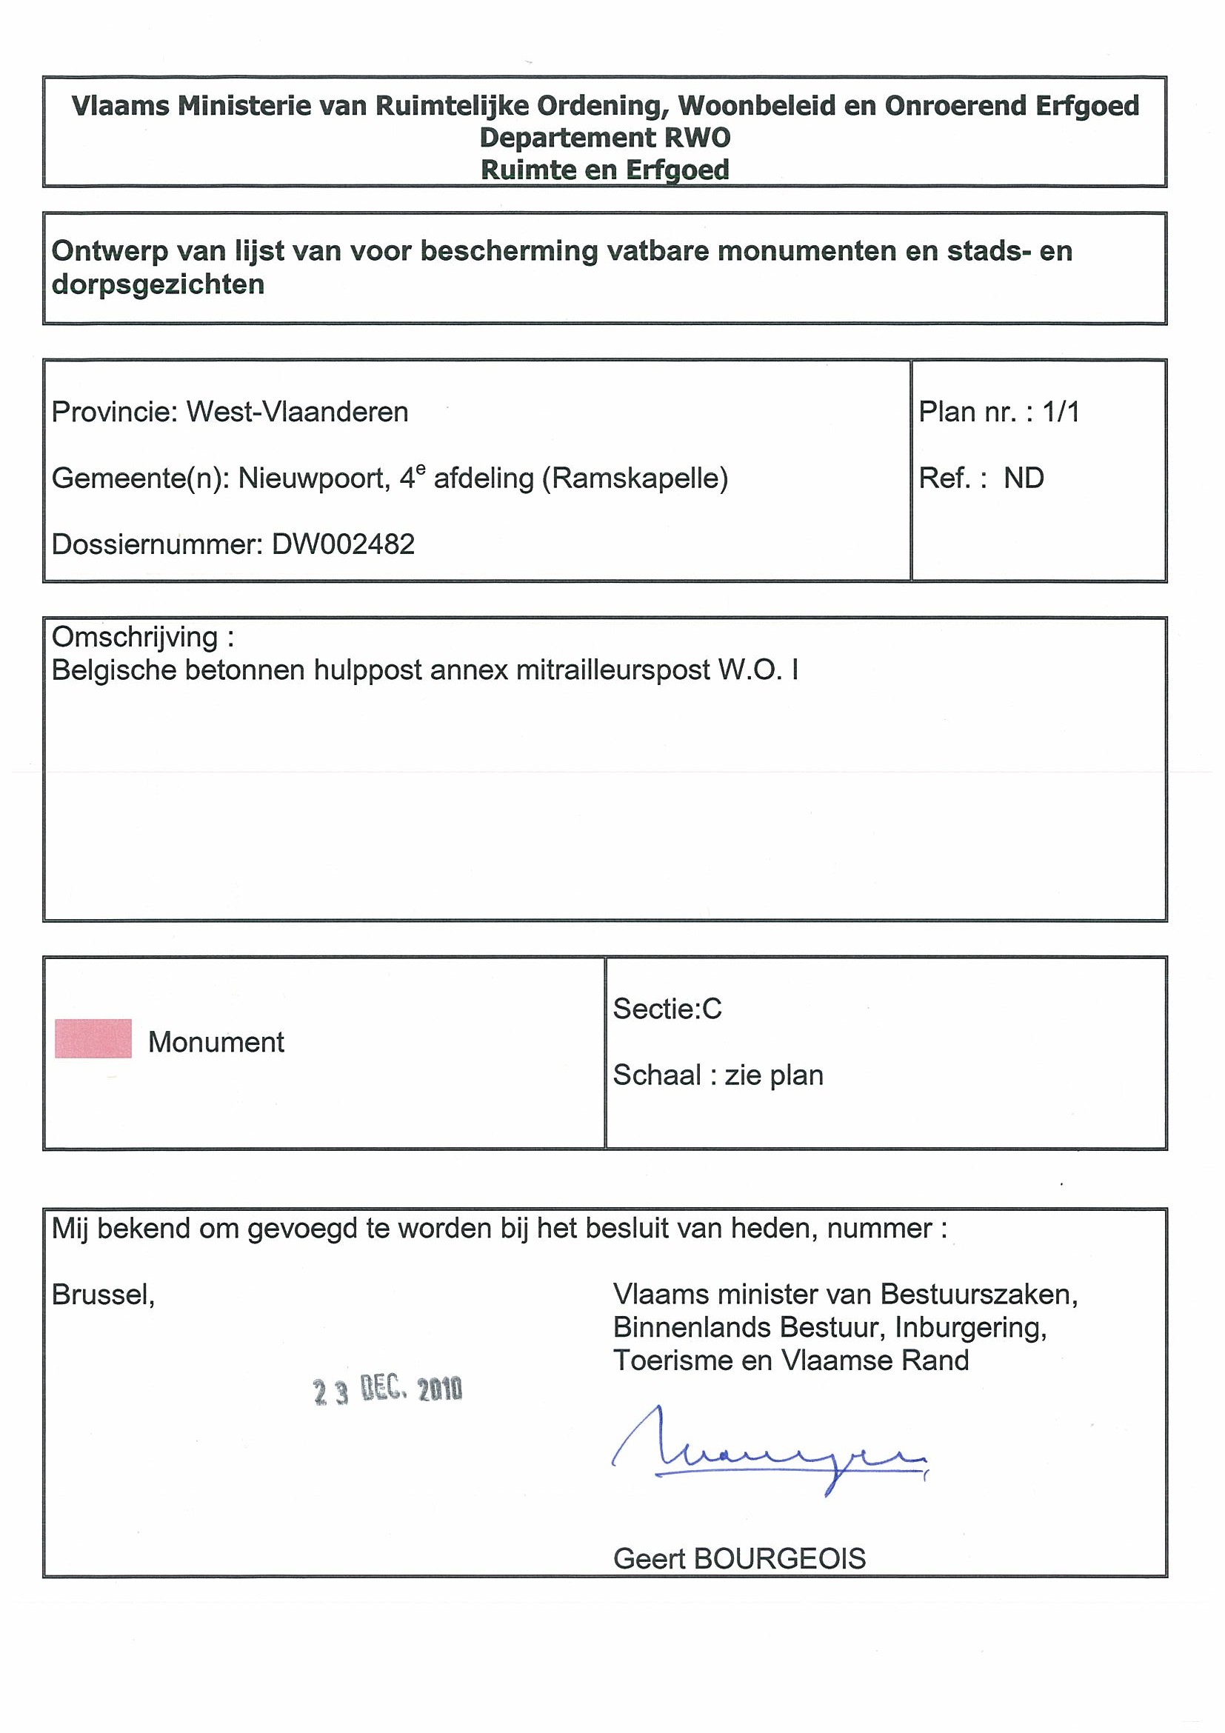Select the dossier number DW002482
click(x=343, y=544)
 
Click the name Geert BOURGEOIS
click(x=739, y=1559)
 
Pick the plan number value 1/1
click(x=1061, y=412)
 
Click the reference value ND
click(x=1024, y=478)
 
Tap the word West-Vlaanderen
click(x=298, y=412)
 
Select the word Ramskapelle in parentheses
click(x=635, y=478)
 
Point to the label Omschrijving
click(x=136, y=638)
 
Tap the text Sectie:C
click(x=667, y=1009)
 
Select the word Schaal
click(x=657, y=1075)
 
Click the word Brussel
click(x=103, y=1295)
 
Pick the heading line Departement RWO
click(x=604, y=138)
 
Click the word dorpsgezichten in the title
click(x=158, y=284)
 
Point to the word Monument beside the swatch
click(x=216, y=1042)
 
